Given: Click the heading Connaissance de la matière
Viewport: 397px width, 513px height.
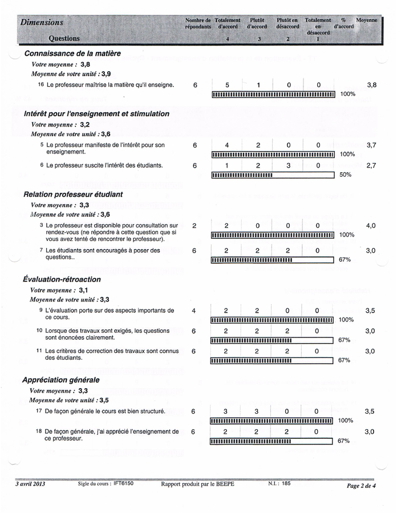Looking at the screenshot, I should [x=72, y=54].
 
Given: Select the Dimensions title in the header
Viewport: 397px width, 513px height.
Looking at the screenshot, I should [x=41, y=22].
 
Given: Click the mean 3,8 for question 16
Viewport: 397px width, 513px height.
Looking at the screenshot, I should [x=371, y=85].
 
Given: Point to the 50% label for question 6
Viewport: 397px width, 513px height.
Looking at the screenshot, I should [x=345, y=175].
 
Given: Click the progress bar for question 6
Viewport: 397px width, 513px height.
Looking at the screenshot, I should [x=272, y=175].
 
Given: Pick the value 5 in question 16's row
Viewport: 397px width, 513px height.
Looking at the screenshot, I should [x=227, y=85].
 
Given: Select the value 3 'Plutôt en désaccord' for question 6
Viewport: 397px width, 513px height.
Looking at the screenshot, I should [x=288, y=166].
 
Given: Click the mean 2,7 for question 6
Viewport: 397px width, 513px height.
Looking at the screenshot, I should [x=371, y=165].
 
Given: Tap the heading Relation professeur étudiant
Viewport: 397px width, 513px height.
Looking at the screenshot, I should [x=72, y=194].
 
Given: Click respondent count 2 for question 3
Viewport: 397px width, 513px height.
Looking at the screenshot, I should [x=195, y=226].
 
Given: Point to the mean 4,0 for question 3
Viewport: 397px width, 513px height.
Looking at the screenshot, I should [x=371, y=226].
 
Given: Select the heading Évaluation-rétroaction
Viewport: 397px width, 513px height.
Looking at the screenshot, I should [x=62, y=279].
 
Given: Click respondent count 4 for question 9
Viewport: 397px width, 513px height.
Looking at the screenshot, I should [x=195, y=311].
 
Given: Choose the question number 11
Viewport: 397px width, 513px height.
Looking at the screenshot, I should [x=39, y=351].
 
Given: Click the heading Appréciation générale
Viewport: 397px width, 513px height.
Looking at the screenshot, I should [x=60, y=380].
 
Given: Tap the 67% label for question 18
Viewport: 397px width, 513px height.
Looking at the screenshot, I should [x=343, y=441].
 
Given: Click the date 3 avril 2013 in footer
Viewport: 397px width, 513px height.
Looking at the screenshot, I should [x=30, y=484].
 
